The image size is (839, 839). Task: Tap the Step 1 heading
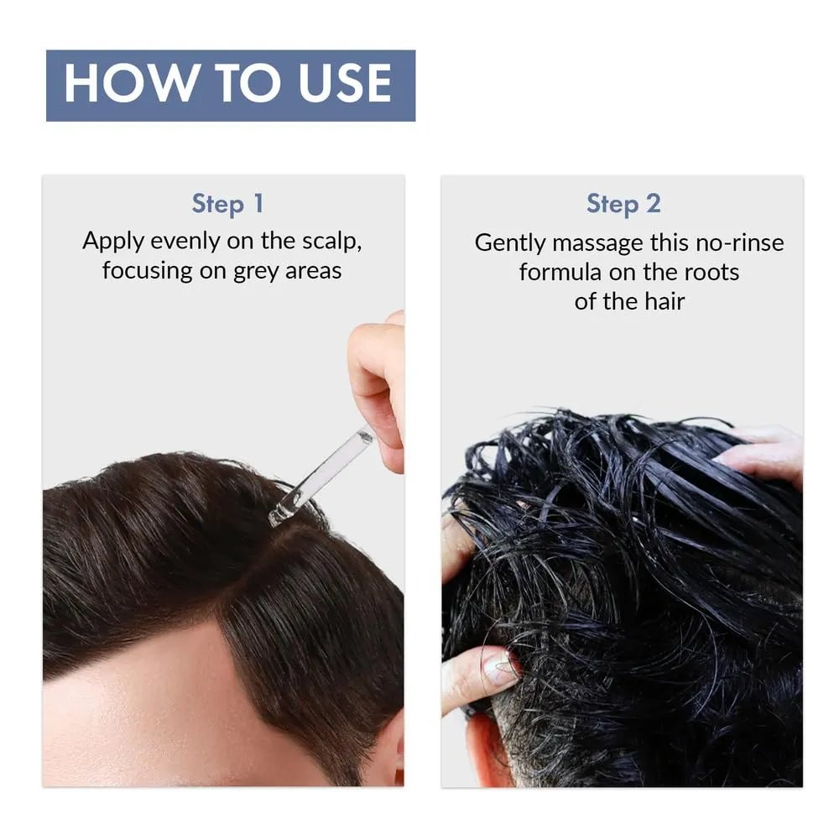(227, 203)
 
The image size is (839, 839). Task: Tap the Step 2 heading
(623, 203)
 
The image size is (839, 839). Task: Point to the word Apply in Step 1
(114, 242)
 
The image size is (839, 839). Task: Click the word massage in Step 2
(592, 243)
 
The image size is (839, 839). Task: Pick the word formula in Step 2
(555, 272)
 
